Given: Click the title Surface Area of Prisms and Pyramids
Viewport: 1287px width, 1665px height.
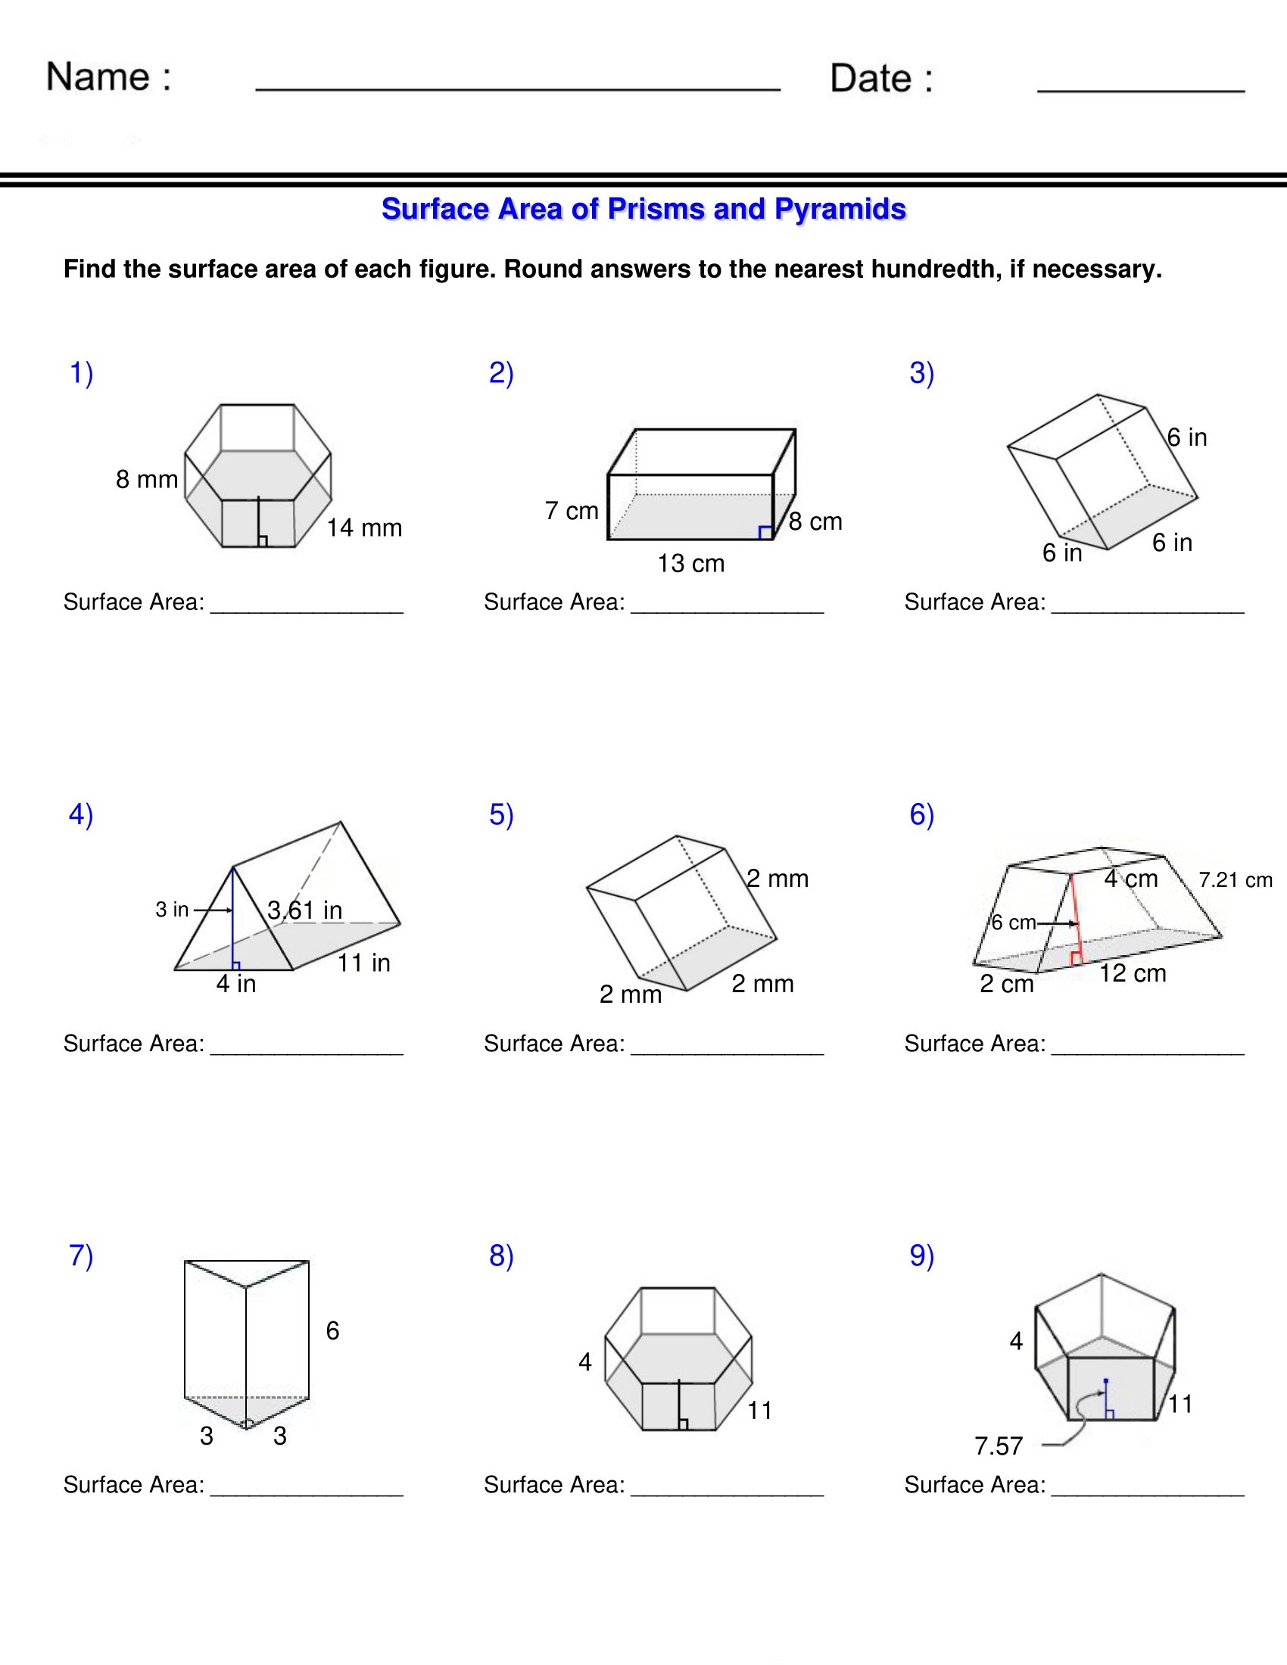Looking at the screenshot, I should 643,209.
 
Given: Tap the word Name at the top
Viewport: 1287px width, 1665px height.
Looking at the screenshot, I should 98,77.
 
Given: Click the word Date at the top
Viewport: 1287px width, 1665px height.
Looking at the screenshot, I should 870,79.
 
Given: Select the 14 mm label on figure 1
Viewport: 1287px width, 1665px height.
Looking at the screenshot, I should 363,528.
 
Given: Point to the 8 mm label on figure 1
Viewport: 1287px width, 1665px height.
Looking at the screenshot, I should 146,479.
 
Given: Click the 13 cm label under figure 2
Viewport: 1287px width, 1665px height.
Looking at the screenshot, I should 690,563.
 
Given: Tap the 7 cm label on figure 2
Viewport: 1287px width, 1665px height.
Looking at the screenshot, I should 571,510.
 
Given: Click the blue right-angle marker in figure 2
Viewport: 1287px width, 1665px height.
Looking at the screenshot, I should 765,532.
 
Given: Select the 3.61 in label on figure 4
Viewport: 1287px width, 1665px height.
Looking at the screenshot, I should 304,910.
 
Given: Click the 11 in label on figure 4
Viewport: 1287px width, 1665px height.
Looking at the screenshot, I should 363,963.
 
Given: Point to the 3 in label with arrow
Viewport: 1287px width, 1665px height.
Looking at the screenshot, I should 173,909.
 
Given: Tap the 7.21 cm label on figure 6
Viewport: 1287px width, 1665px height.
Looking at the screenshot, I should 1236,879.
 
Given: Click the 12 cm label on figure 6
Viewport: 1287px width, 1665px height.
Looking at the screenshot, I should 1133,973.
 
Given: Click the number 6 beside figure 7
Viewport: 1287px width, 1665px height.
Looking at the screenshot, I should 332,1330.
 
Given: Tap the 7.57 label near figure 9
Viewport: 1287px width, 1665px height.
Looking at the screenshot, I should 998,1446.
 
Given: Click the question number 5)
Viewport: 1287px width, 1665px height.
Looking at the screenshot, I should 501,814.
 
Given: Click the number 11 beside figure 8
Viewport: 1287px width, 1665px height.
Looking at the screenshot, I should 759,1411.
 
